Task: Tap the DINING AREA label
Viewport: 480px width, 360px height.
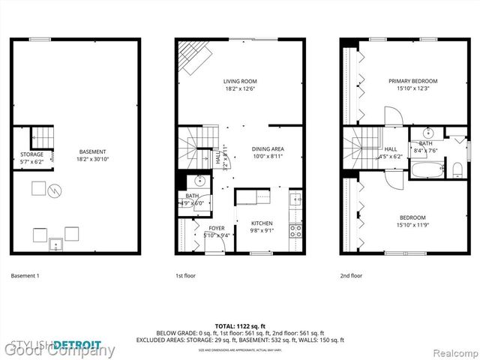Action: tap(268, 148)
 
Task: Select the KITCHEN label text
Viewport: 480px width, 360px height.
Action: tap(262, 223)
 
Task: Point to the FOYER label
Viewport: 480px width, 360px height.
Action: tap(216, 229)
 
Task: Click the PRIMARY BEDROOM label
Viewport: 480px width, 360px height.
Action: tap(412, 81)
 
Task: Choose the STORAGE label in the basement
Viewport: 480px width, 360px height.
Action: tap(31, 154)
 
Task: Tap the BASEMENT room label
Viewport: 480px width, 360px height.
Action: tap(93, 152)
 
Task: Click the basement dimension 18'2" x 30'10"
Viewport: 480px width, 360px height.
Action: tap(93, 159)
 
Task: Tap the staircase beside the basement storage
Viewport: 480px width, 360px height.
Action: tap(46, 137)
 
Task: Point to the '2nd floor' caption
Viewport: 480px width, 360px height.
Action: tap(351, 275)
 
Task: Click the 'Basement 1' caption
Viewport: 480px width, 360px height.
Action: tap(25, 275)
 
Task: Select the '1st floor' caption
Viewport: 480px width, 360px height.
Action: tap(186, 275)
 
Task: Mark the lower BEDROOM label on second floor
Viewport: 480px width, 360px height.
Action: tap(412, 217)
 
